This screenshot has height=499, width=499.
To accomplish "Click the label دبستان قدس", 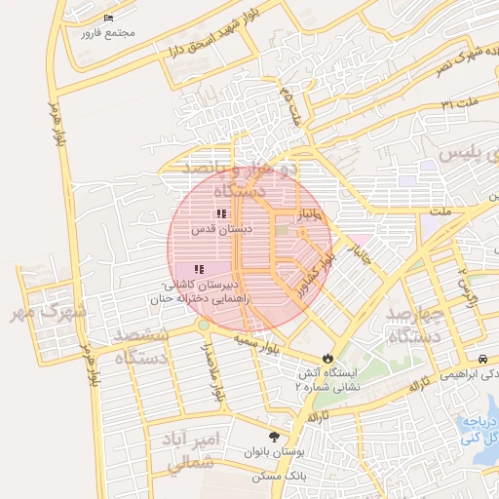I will pos(220,229).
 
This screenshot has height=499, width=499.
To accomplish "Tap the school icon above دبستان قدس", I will pos(221,212).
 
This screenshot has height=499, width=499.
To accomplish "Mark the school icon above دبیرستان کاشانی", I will pos(198,269).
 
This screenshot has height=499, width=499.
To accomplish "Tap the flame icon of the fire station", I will pos(327,358).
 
